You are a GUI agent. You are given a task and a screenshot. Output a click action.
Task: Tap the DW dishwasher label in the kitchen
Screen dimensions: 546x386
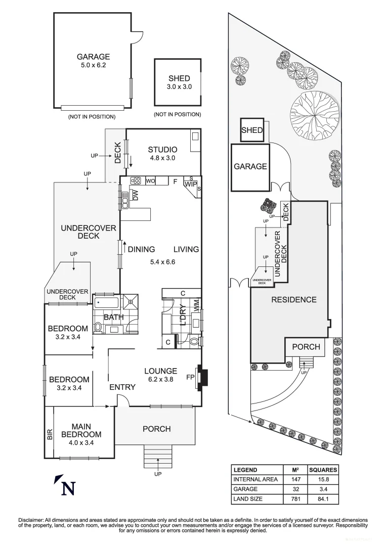135,195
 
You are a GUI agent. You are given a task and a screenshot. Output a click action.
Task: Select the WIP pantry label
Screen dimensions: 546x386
191,185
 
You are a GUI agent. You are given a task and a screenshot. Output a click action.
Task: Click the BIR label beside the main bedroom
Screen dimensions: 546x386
50,434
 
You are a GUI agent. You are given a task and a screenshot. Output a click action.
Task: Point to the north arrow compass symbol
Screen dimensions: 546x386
66,486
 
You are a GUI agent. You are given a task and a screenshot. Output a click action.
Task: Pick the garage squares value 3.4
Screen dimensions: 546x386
323,489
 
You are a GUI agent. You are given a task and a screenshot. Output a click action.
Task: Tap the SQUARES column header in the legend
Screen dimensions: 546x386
323,470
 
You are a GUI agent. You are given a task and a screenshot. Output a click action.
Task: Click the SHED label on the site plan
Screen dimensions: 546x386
252,130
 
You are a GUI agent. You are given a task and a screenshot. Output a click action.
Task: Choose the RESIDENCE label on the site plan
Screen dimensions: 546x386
294,299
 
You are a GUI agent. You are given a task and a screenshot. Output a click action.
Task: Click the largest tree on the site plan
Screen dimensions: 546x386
314,115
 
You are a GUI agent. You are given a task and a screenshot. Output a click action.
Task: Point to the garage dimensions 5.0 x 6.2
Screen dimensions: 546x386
93,65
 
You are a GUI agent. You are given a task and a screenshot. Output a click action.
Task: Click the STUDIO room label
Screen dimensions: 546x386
162,149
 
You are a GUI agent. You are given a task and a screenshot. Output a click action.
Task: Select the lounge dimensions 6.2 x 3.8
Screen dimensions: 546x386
160,379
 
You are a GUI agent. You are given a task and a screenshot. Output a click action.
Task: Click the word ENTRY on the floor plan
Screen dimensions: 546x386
122,387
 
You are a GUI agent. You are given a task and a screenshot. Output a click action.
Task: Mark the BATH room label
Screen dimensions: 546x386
114,317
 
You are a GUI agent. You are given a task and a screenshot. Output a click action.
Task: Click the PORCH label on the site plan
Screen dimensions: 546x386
306,347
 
